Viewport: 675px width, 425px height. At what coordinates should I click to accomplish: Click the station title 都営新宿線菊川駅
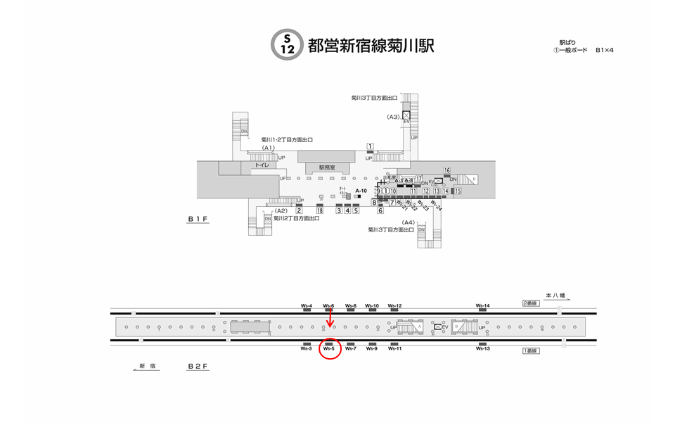(371, 45)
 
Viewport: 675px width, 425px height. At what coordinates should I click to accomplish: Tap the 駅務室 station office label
(327, 167)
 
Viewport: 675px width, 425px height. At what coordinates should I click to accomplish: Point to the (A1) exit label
(267, 148)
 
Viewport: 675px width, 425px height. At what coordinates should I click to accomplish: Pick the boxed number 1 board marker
(369, 146)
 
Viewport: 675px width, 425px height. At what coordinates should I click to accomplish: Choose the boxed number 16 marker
(446, 170)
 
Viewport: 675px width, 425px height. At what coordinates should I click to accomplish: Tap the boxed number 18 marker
(319, 210)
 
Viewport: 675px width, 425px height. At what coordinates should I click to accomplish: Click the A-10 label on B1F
(361, 191)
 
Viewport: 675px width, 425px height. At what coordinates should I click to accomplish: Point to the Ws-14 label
(482, 305)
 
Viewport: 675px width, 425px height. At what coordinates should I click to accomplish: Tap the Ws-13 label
(482, 348)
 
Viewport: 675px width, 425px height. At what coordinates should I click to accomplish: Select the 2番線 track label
(530, 303)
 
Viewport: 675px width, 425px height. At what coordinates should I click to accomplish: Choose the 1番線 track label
(530, 350)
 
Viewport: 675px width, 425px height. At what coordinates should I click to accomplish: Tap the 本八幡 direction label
(555, 296)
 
